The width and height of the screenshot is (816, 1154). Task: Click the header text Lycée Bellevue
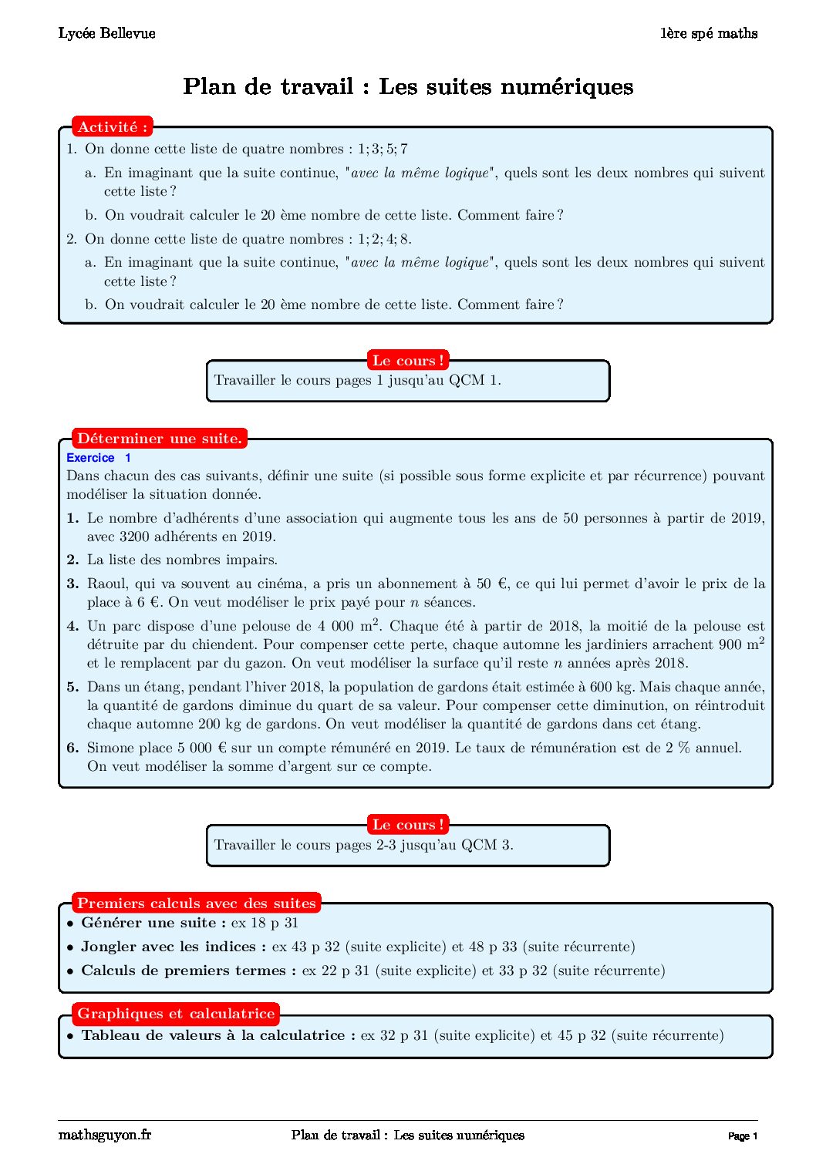[x=106, y=33]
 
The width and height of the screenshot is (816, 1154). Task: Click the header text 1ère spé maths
[x=708, y=33]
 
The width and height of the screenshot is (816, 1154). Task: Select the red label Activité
[x=112, y=127]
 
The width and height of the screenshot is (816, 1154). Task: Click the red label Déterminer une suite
[x=160, y=439]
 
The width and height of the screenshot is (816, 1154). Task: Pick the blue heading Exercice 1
[x=99, y=458]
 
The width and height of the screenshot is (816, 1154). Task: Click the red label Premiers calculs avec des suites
[x=197, y=903]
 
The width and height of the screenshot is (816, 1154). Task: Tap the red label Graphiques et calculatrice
[x=176, y=1014]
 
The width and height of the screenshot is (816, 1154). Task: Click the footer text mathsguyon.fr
[x=105, y=1135]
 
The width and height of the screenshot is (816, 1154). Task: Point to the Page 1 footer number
[x=743, y=1136]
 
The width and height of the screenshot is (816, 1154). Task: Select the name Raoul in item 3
[x=106, y=584]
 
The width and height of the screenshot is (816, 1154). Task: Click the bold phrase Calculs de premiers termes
[x=188, y=971]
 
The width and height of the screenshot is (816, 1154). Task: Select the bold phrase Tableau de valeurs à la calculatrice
[x=217, y=1035]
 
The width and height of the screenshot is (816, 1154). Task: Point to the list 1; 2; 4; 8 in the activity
[x=383, y=239]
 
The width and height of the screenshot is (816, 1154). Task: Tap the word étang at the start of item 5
[x=161, y=687]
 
